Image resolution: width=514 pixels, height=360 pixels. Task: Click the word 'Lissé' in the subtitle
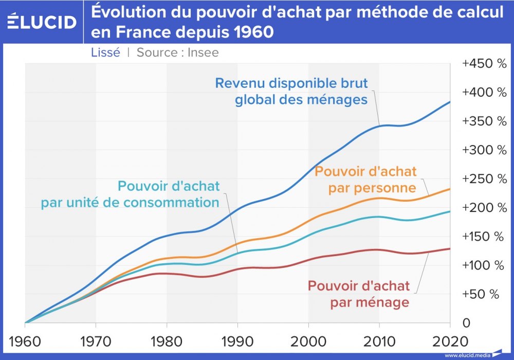click(x=105, y=52)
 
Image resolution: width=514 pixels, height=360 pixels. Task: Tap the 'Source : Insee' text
click(x=177, y=52)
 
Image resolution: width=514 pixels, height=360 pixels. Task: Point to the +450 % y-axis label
click(x=484, y=64)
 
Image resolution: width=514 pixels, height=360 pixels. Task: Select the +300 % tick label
click(x=484, y=150)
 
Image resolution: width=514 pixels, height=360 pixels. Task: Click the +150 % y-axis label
click(x=484, y=237)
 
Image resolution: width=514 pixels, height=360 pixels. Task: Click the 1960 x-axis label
click(x=25, y=341)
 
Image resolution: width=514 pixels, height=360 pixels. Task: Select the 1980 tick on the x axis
click(x=167, y=341)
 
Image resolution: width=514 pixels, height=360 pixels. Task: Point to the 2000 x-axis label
click(x=308, y=341)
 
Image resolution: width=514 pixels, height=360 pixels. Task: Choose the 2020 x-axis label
click(x=449, y=341)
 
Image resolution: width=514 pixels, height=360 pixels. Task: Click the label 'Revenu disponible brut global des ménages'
click(x=292, y=91)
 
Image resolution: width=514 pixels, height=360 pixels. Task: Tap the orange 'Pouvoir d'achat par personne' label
click(x=365, y=179)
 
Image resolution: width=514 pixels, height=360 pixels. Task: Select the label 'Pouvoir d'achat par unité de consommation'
click(x=131, y=194)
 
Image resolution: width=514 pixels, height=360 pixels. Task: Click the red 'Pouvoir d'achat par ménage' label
click(x=359, y=294)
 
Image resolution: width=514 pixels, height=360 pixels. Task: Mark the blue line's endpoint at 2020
click(x=450, y=102)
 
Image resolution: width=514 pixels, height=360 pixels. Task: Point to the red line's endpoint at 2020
click(x=450, y=249)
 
